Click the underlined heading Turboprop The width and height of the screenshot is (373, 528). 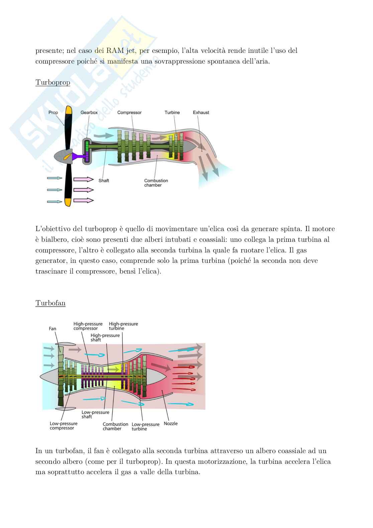(53, 83)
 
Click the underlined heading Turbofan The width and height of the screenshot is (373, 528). (50, 303)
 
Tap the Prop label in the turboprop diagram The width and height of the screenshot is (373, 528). (53, 113)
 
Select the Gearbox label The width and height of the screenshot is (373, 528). (89, 113)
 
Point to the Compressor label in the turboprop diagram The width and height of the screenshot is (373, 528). (129, 113)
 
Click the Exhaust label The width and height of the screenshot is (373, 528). (201, 113)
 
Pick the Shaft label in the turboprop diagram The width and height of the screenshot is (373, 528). (104, 181)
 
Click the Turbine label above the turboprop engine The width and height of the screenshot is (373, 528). (172, 113)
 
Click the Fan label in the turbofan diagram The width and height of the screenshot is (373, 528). (52, 329)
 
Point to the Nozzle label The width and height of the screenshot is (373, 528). (170, 424)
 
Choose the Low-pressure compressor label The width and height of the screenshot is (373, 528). (64, 426)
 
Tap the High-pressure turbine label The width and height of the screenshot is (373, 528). (123, 326)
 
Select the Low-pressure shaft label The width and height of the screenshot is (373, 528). (95, 415)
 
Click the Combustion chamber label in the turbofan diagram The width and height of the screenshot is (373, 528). (115, 426)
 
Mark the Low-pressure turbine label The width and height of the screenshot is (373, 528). (145, 427)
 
